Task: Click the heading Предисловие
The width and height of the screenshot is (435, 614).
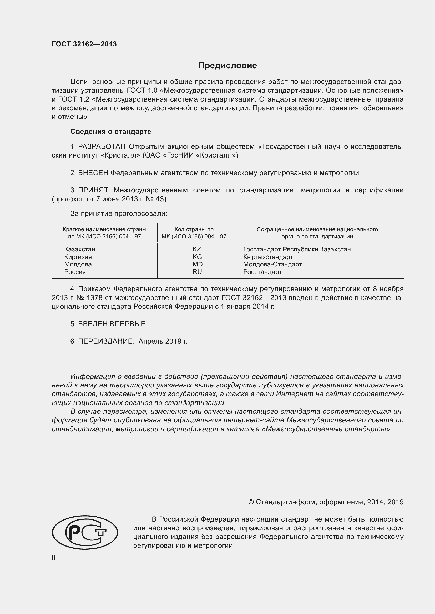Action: pyautogui.click(x=227, y=65)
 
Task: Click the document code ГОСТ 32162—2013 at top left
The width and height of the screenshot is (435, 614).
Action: pyautogui.click(x=84, y=44)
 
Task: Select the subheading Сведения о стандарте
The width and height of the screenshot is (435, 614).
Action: pyautogui.click(x=111, y=132)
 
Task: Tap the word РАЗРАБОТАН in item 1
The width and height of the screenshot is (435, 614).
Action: pyautogui.click(x=102, y=146)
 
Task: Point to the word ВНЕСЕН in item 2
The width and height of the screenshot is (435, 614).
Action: pyautogui.click(x=93, y=173)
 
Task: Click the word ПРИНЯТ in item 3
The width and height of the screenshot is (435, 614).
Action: pyautogui.click(x=93, y=190)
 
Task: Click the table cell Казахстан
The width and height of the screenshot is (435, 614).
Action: pyautogui.click(x=79, y=249)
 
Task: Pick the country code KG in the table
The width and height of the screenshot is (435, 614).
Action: pyautogui.click(x=197, y=257)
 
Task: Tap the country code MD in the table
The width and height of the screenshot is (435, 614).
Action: pyautogui.click(x=198, y=264)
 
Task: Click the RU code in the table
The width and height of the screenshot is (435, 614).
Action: pyautogui.click(x=197, y=272)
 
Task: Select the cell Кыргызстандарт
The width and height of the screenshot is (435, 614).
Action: pyautogui.click(x=268, y=257)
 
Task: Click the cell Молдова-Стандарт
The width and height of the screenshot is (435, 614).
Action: pyautogui.click(x=272, y=264)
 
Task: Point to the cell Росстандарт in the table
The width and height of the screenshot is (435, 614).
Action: pyautogui.click(x=262, y=272)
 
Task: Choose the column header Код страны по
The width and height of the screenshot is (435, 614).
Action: pyautogui.click(x=194, y=229)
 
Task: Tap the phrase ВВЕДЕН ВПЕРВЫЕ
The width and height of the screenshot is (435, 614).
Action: pyautogui.click(x=112, y=324)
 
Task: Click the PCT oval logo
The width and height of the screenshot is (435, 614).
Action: pyautogui.click(x=85, y=532)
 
